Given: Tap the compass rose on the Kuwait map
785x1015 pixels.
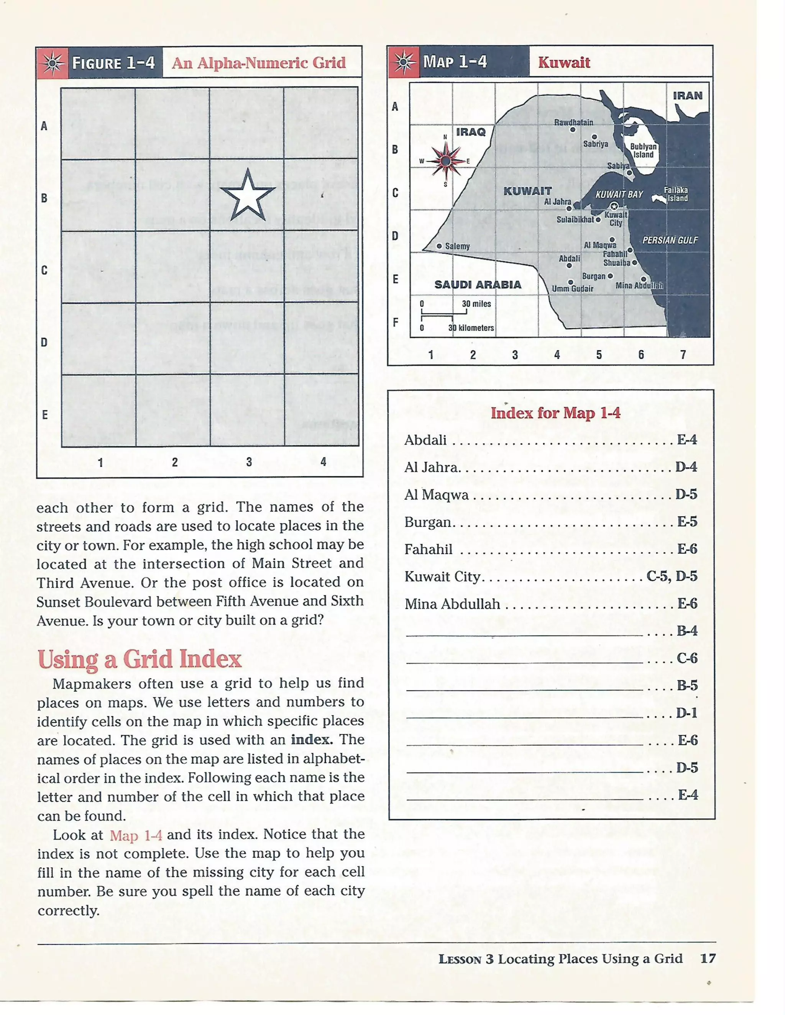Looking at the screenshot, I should coord(445,161).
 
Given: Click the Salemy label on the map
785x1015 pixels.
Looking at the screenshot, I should coord(457,246).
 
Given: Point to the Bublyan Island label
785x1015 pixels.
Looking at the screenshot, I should coord(643,151).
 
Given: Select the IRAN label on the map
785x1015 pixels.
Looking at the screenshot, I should coord(687,96).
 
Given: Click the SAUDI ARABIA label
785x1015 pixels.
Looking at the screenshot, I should coord(478,285).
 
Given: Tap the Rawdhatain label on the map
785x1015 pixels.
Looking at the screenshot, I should coord(573,122).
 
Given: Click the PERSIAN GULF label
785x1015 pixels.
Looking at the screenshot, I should coord(670,240).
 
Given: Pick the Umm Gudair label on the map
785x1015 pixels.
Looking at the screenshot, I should coord(573,289).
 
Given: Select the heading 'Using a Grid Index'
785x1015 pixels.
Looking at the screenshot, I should coord(140,659).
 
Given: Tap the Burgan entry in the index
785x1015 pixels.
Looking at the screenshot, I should coord(428,522).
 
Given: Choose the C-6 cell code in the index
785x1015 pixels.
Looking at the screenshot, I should coord(687,658).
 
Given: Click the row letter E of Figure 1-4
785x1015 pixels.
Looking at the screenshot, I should coord(44,414).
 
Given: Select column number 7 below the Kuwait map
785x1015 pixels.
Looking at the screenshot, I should coord(683,355).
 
